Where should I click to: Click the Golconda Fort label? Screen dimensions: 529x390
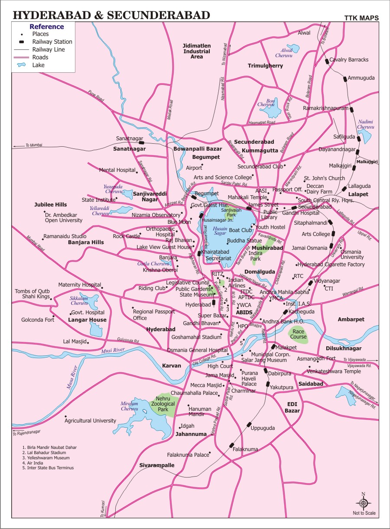pyautogui.click(x=38, y=320)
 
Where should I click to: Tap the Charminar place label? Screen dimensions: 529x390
pyautogui.click(x=243, y=390)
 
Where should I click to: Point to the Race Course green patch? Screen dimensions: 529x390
pyautogui.click(x=299, y=334)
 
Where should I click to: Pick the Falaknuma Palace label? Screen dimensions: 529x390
pyautogui.click(x=188, y=455)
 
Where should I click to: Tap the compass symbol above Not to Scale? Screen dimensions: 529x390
pyautogui.click(x=364, y=503)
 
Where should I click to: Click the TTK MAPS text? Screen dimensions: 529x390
pyautogui.click(x=361, y=18)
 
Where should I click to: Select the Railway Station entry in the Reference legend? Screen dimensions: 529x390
pyautogui.click(x=52, y=42)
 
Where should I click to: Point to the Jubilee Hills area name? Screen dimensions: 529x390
pyautogui.click(x=51, y=204)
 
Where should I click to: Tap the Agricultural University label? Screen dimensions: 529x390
pyautogui.click(x=90, y=420)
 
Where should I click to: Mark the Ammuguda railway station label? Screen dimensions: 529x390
pyautogui.click(x=361, y=78)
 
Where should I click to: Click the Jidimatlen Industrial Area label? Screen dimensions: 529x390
pyautogui.click(x=197, y=51)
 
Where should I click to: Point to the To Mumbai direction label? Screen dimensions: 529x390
pyautogui.click(x=34, y=145)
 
